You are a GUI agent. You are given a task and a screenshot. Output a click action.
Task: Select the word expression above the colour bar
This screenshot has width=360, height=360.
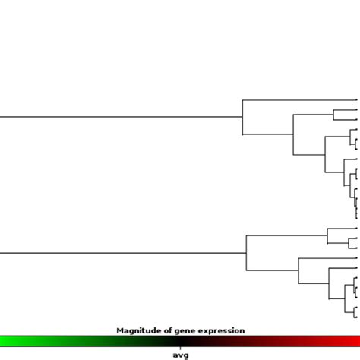point(220,330)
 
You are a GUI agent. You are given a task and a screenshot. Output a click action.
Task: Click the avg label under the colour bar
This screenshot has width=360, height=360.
point(180,355)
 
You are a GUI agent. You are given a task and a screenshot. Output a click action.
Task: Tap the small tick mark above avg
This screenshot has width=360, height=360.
point(180,348)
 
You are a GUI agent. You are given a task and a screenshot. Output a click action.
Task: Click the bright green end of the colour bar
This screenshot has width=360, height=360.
point(3,341)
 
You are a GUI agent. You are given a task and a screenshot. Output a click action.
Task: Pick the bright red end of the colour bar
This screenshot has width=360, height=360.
point(356,341)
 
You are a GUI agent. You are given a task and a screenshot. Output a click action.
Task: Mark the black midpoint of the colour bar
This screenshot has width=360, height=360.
point(180,341)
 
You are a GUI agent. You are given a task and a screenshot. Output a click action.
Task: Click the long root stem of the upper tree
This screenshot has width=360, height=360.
point(122,117)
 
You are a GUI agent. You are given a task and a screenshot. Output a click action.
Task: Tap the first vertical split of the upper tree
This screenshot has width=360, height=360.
point(242,117)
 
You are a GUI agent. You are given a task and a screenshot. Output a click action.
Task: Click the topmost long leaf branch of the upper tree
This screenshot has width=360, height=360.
point(300,99)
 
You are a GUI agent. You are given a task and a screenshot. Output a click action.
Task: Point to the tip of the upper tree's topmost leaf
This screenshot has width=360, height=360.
point(357,99)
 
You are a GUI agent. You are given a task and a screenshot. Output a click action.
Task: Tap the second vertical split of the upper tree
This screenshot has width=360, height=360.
point(293,134)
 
